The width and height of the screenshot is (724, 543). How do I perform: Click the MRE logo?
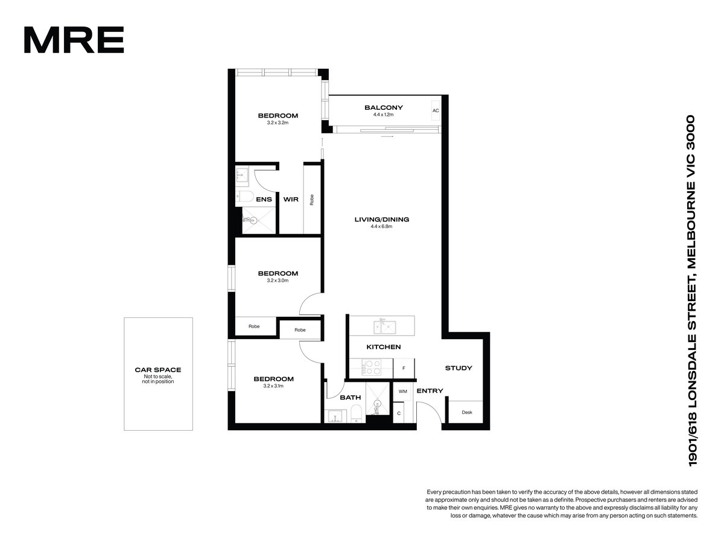tap(74, 40)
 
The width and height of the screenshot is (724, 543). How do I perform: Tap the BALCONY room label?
tap(384, 107)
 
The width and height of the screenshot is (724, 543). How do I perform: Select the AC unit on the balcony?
tap(436, 111)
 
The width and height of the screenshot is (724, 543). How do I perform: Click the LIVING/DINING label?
tap(382, 219)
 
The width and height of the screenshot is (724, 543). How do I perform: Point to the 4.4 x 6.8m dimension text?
tap(381, 226)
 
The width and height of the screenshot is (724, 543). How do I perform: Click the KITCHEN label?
tap(384, 347)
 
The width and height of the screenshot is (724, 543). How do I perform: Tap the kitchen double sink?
tap(384, 327)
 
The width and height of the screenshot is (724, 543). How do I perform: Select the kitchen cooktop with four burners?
tap(372, 367)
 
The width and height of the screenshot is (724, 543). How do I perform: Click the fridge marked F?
tap(404, 368)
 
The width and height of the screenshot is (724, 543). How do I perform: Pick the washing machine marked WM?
tap(403, 392)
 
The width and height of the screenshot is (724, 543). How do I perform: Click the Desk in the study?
tap(466, 412)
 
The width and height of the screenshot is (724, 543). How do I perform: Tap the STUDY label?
tap(459, 368)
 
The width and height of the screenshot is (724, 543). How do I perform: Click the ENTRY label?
tap(430, 391)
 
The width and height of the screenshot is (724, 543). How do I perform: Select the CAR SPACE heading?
tap(158, 370)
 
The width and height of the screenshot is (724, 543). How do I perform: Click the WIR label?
tap(291, 200)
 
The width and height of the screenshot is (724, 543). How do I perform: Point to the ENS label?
tap(264, 200)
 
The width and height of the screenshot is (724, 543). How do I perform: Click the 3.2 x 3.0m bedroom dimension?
tap(278, 281)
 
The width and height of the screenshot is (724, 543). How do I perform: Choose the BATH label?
tap(351, 398)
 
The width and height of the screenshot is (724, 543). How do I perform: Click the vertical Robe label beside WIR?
tap(312, 200)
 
